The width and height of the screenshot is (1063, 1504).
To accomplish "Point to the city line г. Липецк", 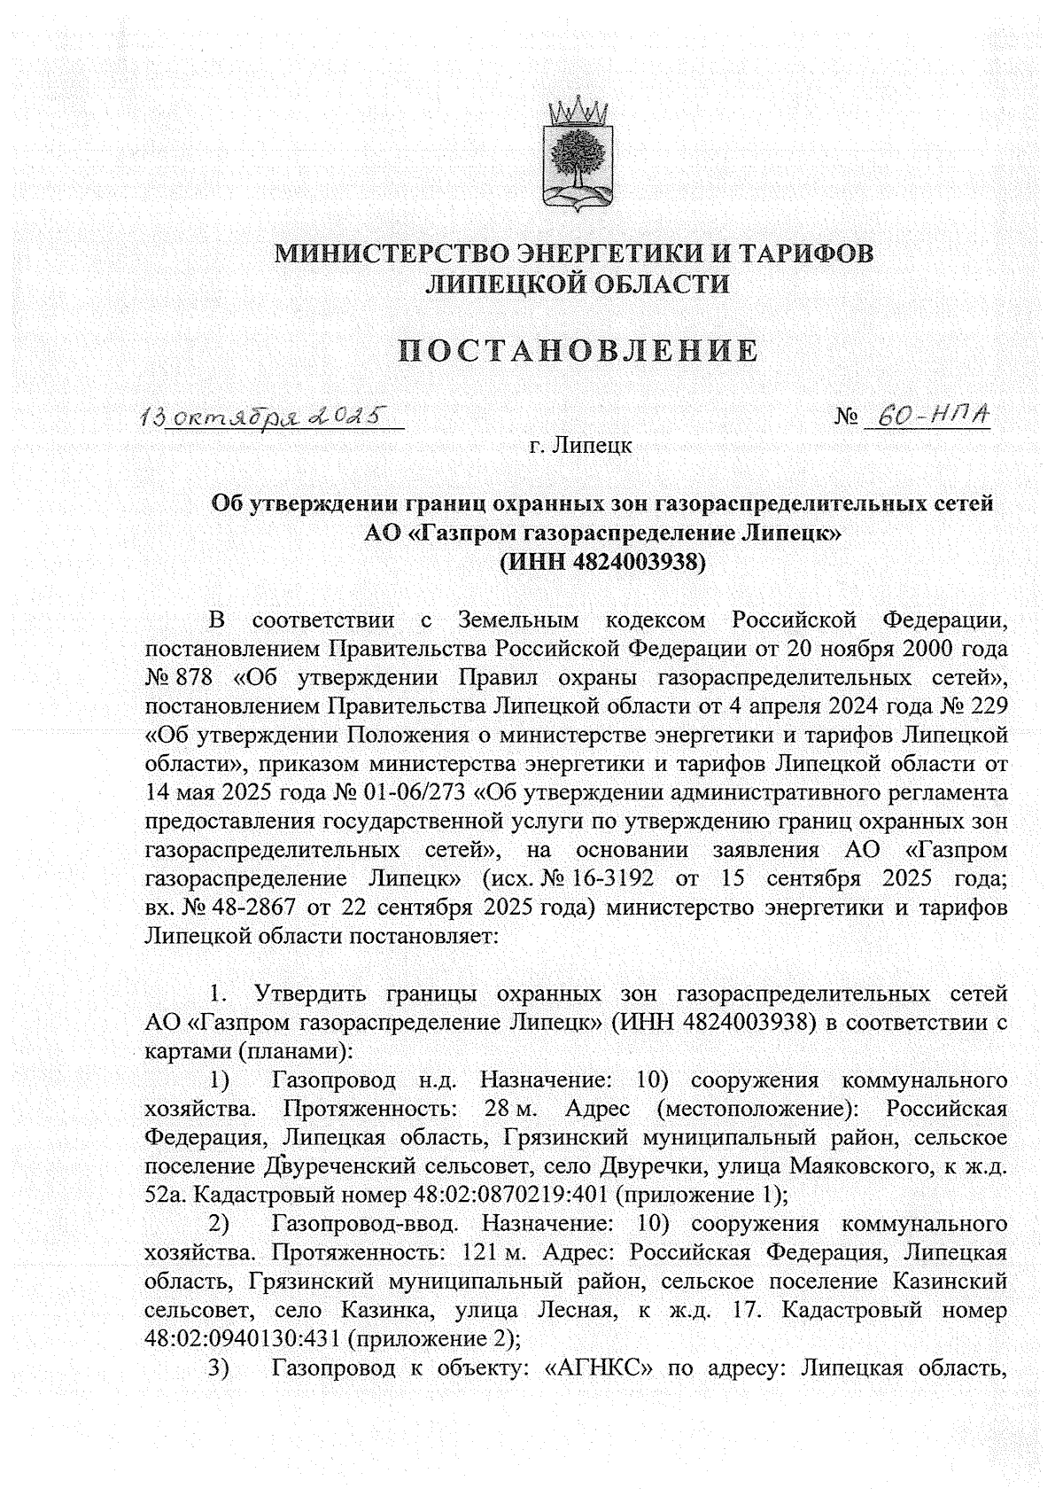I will (580, 446).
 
